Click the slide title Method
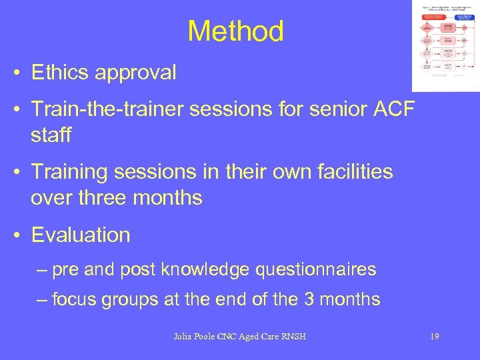(235, 31)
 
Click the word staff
(51, 135)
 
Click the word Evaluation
(81, 235)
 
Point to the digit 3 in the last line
(310, 300)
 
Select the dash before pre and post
(43, 270)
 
